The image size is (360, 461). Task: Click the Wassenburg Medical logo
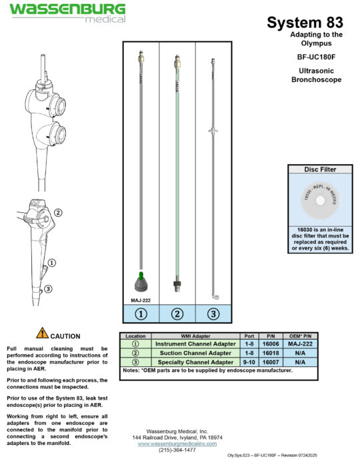click(67, 12)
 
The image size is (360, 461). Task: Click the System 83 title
click(305, 22)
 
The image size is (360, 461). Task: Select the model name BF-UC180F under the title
click(316, 57)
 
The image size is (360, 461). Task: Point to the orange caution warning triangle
click(42, 332)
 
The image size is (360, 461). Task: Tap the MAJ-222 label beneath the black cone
click(141, 300)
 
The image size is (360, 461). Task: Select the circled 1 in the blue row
click(141, 314)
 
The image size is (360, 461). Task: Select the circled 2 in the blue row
click(177, 314)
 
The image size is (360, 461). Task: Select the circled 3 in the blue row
click(213, 314)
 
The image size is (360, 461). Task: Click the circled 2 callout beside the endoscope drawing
click(58, 213)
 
